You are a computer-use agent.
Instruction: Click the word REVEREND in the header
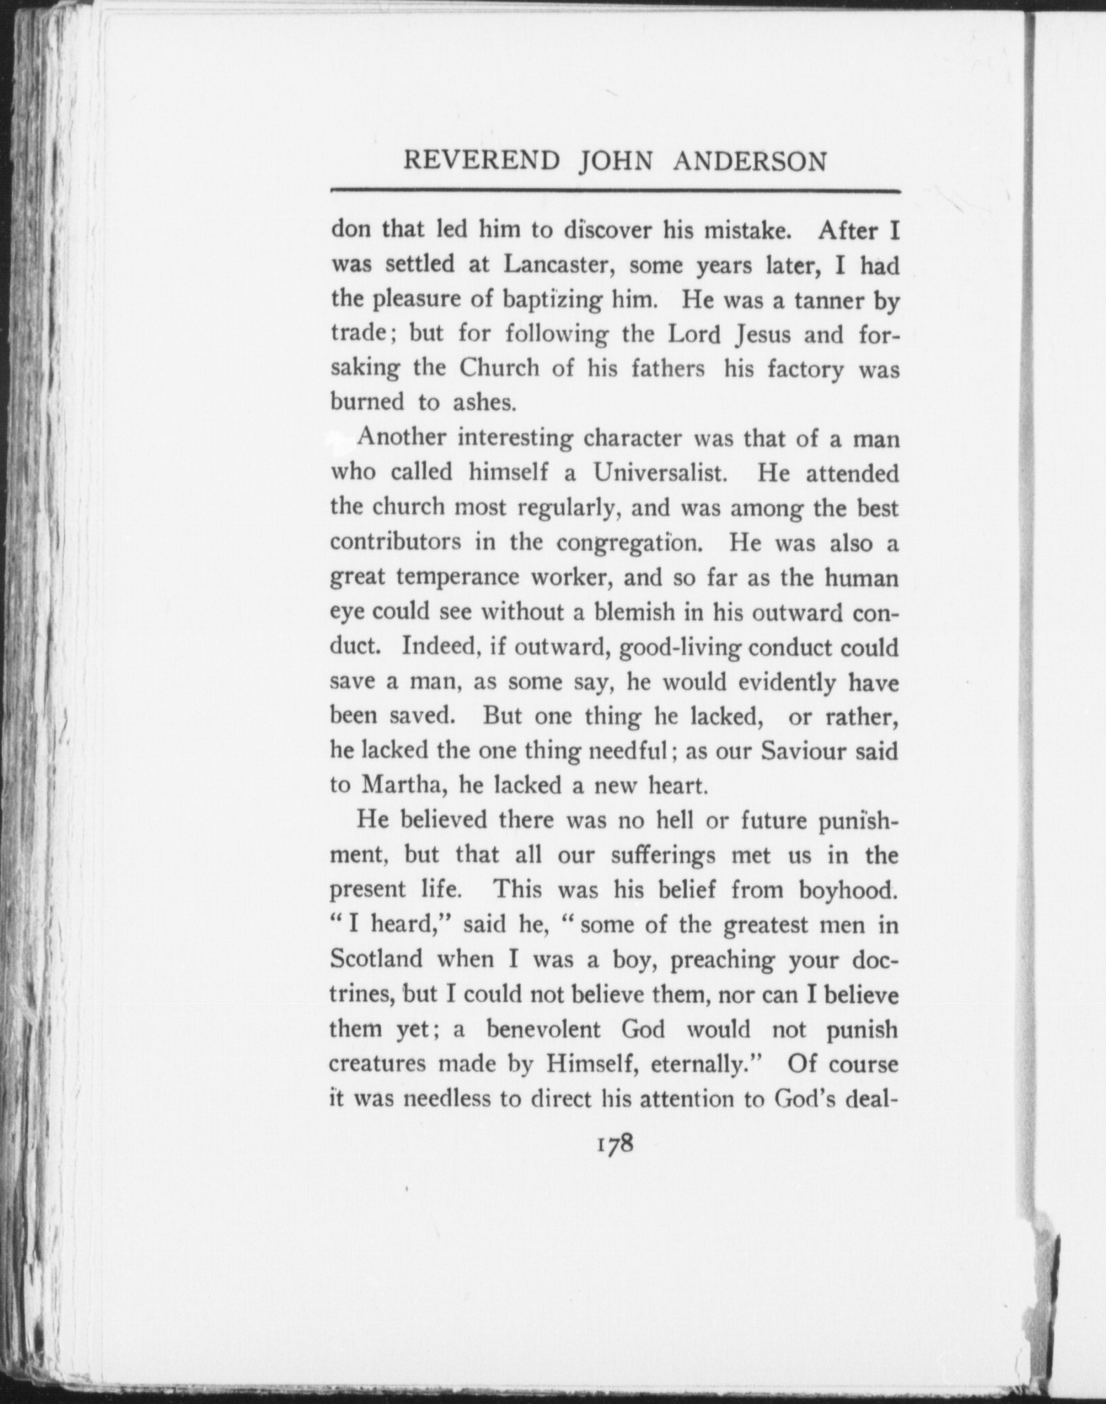[x=482, y=161]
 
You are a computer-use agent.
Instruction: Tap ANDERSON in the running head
[x=749, y=161]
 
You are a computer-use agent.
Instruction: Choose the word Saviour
[x=804, y=751]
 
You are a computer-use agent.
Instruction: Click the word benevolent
[x=545, y=1030]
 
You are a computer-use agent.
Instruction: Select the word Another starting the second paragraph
[x=401, y=439]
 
